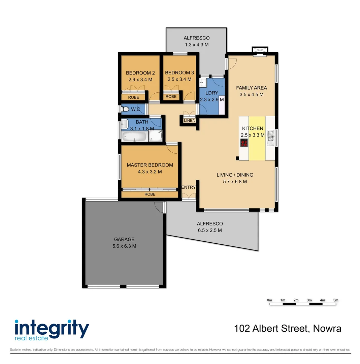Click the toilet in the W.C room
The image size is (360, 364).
pyautogui.click(x=125, y=109)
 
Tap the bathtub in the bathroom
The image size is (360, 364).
pyautogui.click(x=134, y=137)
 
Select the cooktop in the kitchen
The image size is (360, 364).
pyautogui.click(x=244, y=143)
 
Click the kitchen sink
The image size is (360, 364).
pyautogui.click(x=270, y=136)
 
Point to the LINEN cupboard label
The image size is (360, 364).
pyautogui.click(x=189, y=121)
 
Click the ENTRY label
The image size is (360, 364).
pyautogui.click(x=189, y=187)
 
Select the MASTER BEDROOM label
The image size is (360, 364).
pyautogui.click(x=150, y=165)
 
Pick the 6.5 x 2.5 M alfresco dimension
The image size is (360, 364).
pyautogui.click(x=209, y=230)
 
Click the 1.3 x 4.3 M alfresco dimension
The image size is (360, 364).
pyautogui.click(x=196, y=44)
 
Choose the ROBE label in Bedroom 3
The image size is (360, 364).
pyautogui.click(x=171, y=97)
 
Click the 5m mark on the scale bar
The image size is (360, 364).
pyautogui.click(x=335, y=300)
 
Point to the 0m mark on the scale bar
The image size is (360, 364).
pyautogui.click(x=269, y=300)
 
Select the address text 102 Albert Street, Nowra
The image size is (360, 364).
pyautogui.click(x=288, y=328)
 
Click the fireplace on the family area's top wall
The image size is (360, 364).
pyautogui.click(x=260, y=50)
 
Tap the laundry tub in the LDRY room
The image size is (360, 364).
pyautogui.click(x=203, y=83)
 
